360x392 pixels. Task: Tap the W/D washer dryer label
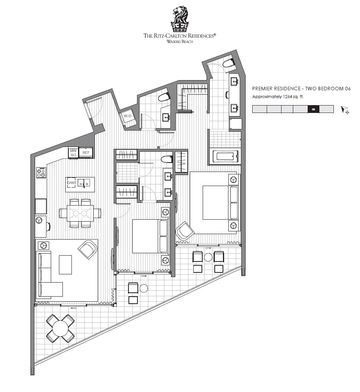pos(127,116)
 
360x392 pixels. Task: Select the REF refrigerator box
pos(86,152)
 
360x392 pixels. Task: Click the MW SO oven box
pos(73,153)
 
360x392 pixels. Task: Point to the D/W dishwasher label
pos(71,183)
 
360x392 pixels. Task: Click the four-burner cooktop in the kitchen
pos(41,172)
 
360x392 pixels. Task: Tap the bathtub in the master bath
pos(225,156)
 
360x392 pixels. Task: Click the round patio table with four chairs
pos(60,328)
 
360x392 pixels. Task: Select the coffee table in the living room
pos(66,265)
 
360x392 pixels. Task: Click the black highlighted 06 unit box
pos(314,109)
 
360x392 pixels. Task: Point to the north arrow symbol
pos(344,110)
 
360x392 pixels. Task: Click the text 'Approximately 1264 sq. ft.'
pos(278,97)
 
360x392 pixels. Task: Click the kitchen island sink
pos(83,183)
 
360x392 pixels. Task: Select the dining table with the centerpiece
pos(80,213)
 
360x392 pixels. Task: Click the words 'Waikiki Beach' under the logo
pos(180,41)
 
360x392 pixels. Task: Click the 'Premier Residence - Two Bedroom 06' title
pos(301,88)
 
